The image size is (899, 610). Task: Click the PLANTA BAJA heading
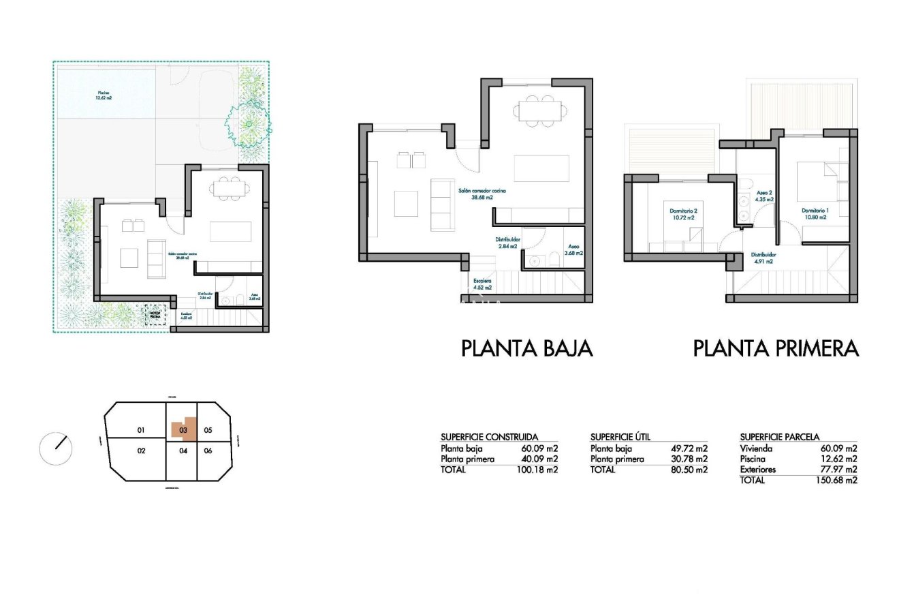(527, 348)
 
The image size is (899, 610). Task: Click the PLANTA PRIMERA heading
(776, 348)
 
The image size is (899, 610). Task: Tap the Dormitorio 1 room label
(815, 213)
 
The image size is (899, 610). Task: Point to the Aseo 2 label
(764, 196)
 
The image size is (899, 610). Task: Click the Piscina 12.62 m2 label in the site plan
(104, 95)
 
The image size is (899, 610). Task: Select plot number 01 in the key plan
(141, 430)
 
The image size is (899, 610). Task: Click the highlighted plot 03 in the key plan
(183, 430)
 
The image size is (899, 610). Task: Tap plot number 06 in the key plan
(208, 451)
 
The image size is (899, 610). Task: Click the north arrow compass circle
(56, 448)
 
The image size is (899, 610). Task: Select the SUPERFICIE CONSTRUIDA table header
(489, 437)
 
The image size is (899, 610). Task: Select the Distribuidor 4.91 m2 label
(762, 258)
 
